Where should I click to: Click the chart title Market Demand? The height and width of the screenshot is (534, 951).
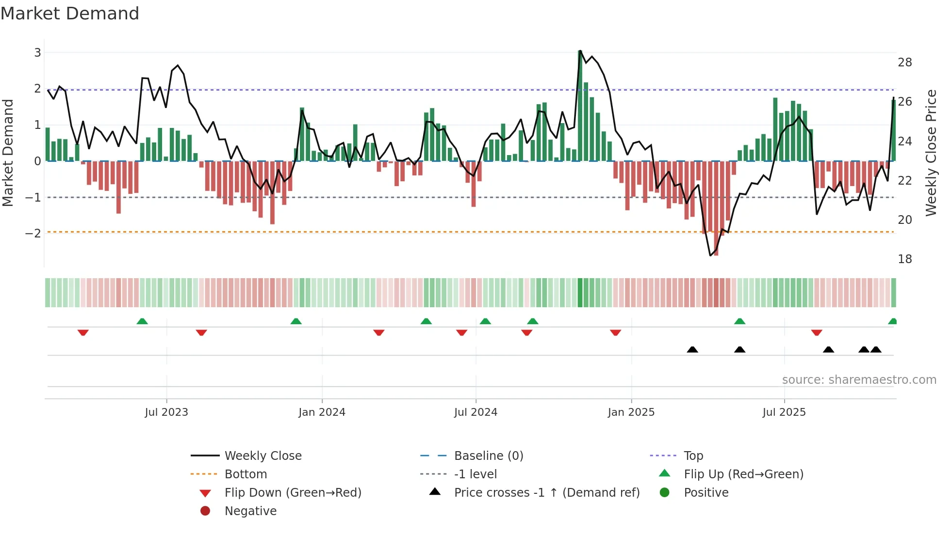pyautogui.click(x=70, y=14)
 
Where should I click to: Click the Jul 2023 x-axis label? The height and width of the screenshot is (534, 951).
pyautogui.click(x=166, y=412)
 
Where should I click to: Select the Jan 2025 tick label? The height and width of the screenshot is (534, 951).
pyautogui.click(x=631, y=412)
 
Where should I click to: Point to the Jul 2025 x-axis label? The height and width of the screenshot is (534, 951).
pyautogui.click(x=784, y=412)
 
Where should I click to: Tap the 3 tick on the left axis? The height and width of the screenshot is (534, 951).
pyautogui.click(x=37, y=52)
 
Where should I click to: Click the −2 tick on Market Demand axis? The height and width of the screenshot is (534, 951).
pyautogui.click(x=33, y=233)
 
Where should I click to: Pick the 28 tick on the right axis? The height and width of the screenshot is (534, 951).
pyautogui.click(x=904, y=63)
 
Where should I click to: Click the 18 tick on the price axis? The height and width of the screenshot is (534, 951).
pyautogui.click(x=904, y=259)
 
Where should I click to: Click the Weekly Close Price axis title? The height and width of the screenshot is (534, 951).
pyautogui.click(x=931, y=153)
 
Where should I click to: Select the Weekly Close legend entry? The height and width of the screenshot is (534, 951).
pyautogui.click(x=263, y=456)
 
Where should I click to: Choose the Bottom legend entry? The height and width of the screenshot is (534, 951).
pyautogui.click(x=246, y=474)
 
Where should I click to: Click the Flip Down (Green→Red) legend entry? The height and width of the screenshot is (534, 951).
pyautogui.click(x=293, y=493)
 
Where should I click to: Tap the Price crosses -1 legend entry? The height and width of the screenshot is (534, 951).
pyautogui.click(x=546, y=493)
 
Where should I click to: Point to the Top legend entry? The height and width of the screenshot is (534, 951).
pyautogui.click(x=693, y=456)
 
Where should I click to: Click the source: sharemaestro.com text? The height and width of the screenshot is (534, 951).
pyautogui.click(x=859, y=380)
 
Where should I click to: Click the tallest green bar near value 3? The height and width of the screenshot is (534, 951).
pyautogui.click(x=580, y=107)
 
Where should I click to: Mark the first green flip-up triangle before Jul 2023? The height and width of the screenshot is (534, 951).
pyautogui.click(x=142, y=321)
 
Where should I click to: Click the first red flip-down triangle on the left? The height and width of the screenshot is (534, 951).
pyautogui.click(x=83, y=332)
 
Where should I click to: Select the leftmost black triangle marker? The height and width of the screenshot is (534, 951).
pyautogui.click(x=692, y=349)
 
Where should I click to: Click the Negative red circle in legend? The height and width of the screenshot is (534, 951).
pyautogui.click(x=205, y=511)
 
